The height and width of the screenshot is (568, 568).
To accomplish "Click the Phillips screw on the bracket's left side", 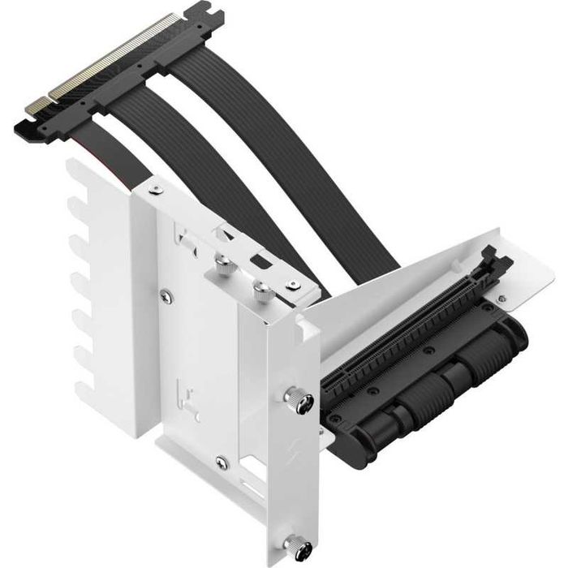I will tap(166, 297).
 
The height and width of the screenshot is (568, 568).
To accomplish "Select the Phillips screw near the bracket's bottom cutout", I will tap(221, 463).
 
